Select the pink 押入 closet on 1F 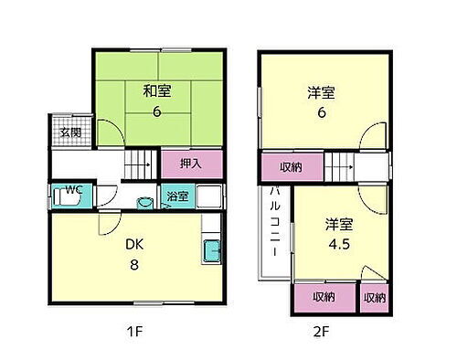click(190, 164)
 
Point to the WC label click(73, 190)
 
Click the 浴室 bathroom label click(176, 196)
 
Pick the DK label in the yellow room click(135, 243)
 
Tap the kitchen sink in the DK click(209, 247)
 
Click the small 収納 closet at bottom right click(374, 298)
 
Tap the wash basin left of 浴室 click(144, 202)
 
